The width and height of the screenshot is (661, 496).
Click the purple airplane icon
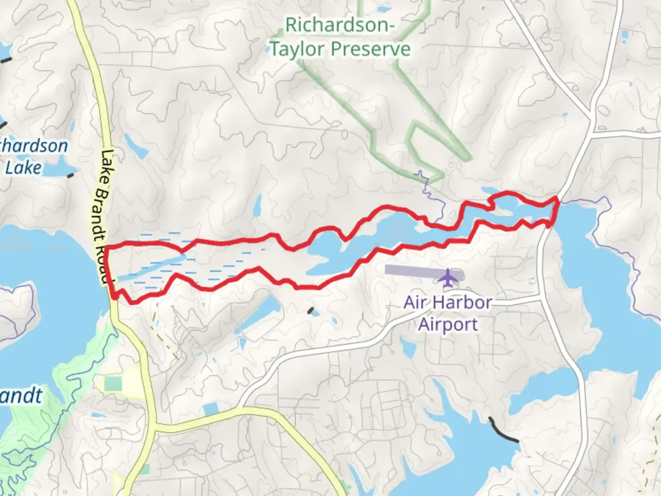click(447, 277)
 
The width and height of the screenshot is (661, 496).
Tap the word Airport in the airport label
click(448, 324)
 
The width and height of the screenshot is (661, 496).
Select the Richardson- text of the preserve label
click(340, 25)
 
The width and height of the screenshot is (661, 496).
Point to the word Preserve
click(372, 49)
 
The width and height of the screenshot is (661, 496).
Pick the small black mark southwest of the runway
click(313, 311)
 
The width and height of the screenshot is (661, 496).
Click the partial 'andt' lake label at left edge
click(21, 396)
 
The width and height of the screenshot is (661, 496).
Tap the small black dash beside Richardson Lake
click(70, 175)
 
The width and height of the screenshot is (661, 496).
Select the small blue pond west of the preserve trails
click(136, 147)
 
